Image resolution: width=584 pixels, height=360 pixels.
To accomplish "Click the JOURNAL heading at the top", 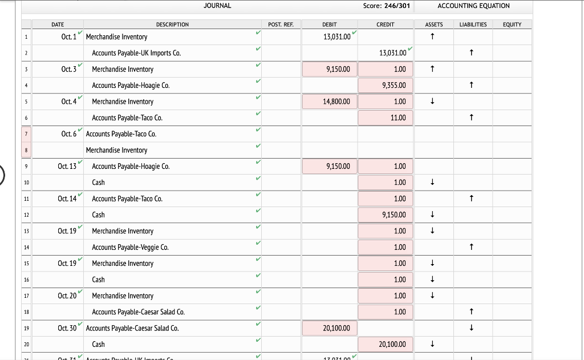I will point(217,6).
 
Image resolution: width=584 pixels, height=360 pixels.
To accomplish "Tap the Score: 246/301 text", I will point(387,6).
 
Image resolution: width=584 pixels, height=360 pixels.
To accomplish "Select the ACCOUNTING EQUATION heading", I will point(473,6).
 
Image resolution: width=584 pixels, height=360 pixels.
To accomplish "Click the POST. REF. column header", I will point(281,25).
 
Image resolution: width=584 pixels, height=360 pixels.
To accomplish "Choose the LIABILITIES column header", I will point(473,25).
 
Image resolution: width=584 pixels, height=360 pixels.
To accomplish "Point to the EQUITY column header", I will point(512,25).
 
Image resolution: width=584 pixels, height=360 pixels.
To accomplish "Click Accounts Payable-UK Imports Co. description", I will point(136,53).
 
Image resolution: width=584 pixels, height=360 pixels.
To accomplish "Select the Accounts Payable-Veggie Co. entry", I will point(130,248).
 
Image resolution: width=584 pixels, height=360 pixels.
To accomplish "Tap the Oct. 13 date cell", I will point(67,167).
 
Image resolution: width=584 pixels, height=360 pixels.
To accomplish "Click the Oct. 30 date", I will point(67,329).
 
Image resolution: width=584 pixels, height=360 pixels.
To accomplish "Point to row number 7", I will point(26,134).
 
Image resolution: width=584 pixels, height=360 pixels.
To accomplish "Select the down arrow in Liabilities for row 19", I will point(472,329).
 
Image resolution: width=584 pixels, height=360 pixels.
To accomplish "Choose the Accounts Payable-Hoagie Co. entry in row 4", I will point(131,86).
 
